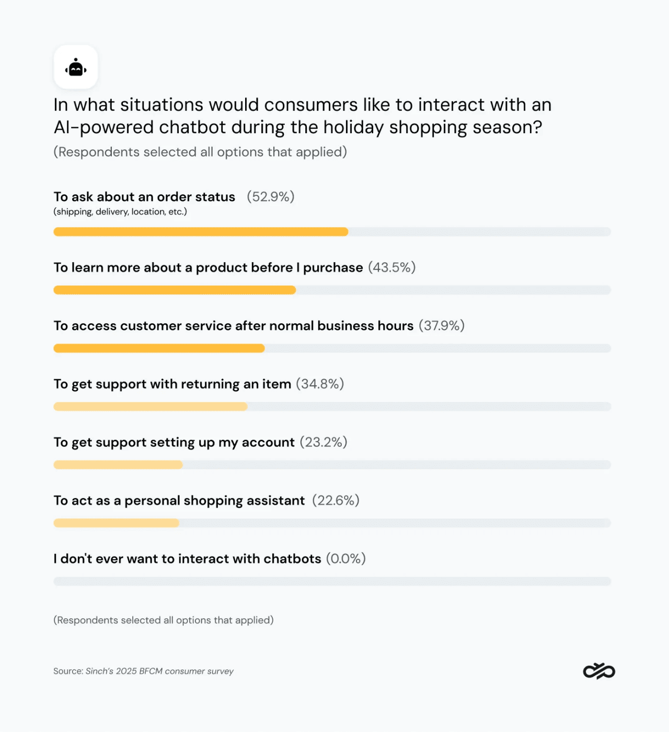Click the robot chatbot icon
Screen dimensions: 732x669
click(76, 67)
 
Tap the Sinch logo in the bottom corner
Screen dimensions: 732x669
click(599, 671)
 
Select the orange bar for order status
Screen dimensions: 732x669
click(201, 232)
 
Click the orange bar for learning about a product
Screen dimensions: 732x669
click(175, 290)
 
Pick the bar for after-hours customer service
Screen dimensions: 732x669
click(159, 348)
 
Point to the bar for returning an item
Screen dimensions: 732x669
click(151, 407)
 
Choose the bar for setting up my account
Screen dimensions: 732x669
click(118, 465)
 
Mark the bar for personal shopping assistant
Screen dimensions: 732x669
click(116, 523)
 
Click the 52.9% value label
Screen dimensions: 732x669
click(271, 197)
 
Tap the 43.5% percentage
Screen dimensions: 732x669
click(392, 267)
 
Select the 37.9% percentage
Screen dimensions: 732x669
click(442, 326)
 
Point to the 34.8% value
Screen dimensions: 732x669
click(320, 384)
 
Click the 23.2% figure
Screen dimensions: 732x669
click(324, 442)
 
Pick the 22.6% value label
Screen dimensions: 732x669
click(336, 501)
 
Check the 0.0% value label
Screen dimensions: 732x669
click(346, 559)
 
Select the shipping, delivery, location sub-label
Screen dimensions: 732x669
click(120, 212)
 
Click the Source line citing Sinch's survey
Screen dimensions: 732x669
click(143, 671)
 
